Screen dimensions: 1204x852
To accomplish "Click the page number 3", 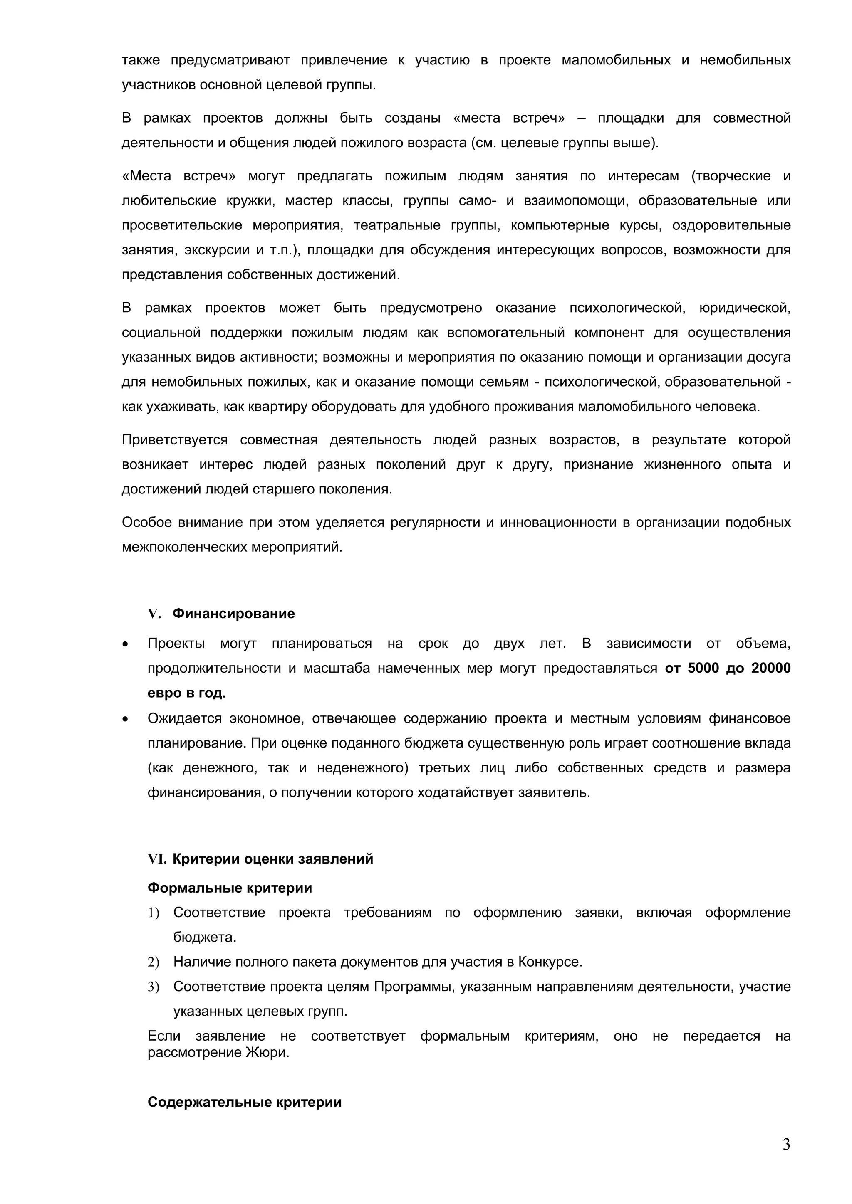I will pyautogui.click(x=786, y=1144).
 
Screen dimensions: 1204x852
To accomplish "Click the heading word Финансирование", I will pyautogui.click(x=233, y=614).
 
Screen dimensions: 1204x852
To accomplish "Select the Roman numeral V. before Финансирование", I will pyautogui.click(x=154, y=614).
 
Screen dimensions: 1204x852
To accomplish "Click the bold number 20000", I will pyautogui.click(x=771, y=668).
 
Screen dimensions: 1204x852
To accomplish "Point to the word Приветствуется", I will pyautogui.click(x=175, y=439).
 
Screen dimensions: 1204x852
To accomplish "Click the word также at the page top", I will pyautogui.click(x=141, y=60).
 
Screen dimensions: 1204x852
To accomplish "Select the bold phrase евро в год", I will pyautogui.click(x=187, y=693).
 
